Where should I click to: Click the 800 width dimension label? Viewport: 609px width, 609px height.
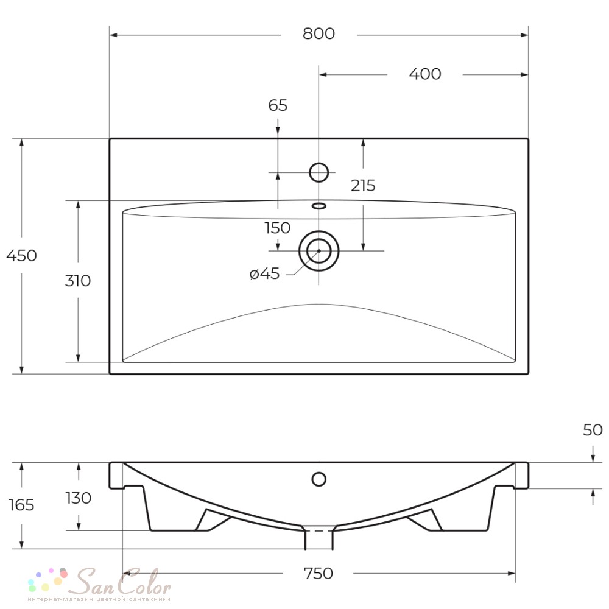tap(319, 33)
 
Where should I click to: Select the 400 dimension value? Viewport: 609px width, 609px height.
tap(425, 74)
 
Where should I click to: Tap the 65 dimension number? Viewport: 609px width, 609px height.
tap(278, 105)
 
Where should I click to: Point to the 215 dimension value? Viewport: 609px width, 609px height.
tap(363, 186)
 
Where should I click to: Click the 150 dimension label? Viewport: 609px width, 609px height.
tap(277, 228)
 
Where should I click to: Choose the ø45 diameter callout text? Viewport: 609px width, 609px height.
tap(264, 274)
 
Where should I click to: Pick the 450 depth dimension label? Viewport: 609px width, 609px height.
tap(22, 256)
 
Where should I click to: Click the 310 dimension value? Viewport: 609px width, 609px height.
tap(78, 281)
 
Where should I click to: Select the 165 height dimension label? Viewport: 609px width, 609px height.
tap(21, 505)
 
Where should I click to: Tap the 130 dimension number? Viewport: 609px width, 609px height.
tap(79, 498)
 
